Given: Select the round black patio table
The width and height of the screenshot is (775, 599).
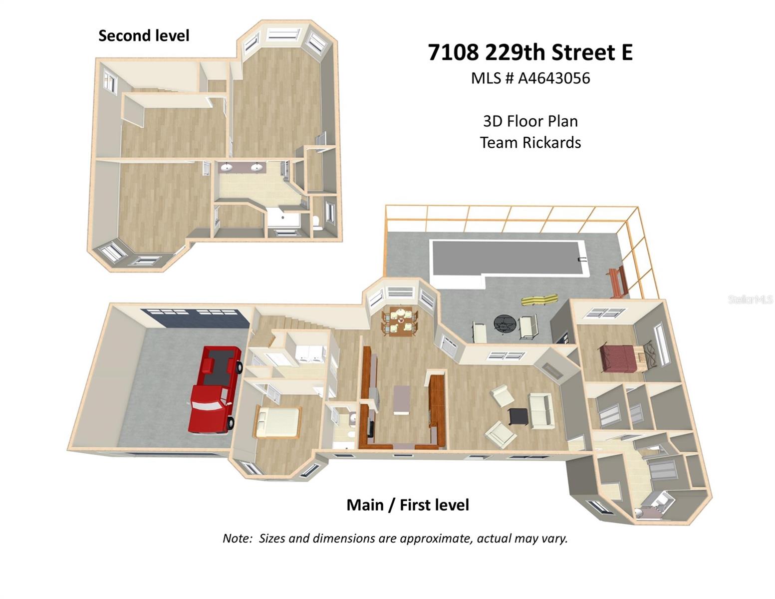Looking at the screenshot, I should point(505,323).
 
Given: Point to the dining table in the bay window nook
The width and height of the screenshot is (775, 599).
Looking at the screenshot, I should point(399,321).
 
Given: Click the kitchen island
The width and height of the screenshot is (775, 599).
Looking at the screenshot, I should point(402,399).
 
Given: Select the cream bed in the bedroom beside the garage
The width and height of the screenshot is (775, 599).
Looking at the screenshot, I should point(277,422).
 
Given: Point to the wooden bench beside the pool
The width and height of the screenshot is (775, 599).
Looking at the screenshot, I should point(616,282).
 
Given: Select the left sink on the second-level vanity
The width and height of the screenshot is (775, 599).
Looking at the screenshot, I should point(227,167).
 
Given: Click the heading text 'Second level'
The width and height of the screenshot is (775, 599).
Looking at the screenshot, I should point(144,36).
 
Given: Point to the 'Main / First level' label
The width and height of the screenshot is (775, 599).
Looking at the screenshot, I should point(408,505).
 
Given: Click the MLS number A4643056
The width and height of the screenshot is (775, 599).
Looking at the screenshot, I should point(554,78).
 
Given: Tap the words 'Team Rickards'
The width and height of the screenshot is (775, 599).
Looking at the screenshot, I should point(530,143).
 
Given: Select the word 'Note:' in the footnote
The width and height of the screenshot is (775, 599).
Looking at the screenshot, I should point(238,539).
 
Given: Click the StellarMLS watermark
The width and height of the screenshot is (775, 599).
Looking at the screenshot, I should point(750,299).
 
